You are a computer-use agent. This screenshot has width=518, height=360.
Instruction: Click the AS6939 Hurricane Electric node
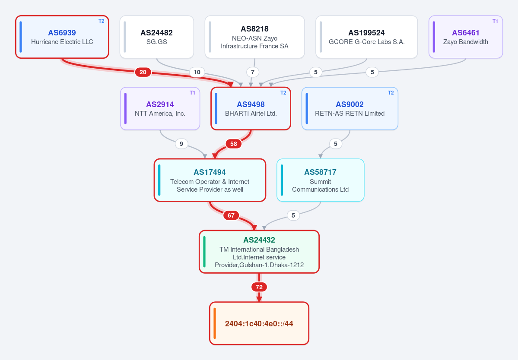point(62,37)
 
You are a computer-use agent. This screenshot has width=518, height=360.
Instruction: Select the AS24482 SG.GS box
point(156,37)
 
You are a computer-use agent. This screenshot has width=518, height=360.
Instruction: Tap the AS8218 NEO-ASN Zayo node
point(254,37)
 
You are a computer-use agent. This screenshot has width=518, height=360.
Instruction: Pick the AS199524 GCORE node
point(366,37)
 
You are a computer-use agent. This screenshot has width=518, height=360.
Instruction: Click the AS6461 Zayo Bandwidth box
point(465,37)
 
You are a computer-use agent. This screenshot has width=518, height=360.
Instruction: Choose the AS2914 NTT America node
point(160,108)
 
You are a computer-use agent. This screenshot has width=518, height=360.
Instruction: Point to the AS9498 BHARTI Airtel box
point(251,108)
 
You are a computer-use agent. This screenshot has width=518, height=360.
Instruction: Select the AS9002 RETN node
point(350,108)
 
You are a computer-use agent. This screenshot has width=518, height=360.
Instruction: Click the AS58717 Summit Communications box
point(320,180)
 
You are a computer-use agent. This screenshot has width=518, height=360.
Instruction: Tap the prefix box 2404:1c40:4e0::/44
point(259,323)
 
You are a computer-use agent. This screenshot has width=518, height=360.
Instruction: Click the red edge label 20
point(143,72)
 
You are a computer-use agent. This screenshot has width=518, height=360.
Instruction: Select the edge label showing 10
point(197,72)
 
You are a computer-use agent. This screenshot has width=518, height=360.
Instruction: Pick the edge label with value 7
point(253,72)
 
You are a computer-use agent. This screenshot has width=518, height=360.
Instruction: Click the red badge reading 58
point(234,144)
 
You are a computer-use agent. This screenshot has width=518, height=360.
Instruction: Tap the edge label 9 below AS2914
point(181,144)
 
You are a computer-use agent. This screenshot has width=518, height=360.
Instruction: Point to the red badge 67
point(231,215)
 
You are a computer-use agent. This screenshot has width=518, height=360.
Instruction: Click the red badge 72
point(259,287)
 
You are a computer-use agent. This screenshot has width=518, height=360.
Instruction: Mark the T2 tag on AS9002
point(391,93)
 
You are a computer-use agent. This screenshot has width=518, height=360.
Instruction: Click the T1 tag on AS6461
point(495,21)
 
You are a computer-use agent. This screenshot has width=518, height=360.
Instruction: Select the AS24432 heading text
point(259,240)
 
